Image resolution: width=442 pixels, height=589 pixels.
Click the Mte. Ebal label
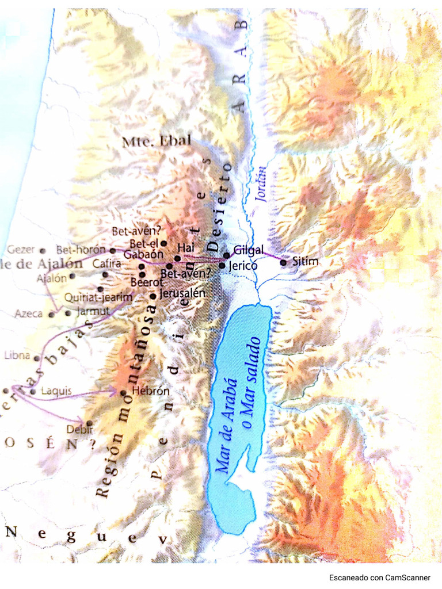(x=156, y=142)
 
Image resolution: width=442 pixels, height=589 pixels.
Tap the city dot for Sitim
(x=283, y=263)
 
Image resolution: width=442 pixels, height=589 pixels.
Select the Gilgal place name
(x=249, y=250)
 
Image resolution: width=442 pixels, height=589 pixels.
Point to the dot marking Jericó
(x=222, y=266)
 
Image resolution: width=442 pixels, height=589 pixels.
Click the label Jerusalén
(x=182, y=293)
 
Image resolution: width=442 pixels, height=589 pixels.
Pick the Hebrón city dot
(x=123, y=393)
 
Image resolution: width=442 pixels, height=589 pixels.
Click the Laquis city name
(x=56, y=391)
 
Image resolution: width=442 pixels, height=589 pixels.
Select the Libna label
(x=17, y=355)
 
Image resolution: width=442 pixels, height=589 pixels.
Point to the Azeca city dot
(x=52, y=314)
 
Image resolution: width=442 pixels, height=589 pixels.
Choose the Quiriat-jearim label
(x=98, y=297)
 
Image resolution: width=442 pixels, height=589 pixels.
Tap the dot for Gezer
(x=42, y=251)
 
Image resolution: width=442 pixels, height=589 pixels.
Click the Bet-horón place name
(x=81, y=250)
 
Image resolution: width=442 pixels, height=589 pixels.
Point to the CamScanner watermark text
(x=379, y=577)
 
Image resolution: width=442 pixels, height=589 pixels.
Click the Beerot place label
(x=147, y=282)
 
